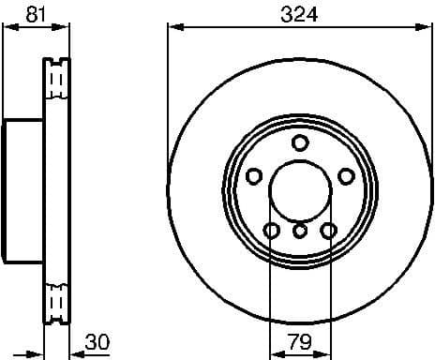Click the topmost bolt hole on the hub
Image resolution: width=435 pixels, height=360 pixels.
pos(300,142)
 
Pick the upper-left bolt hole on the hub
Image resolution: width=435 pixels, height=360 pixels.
pos(253,176)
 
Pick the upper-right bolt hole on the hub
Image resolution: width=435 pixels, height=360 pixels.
pos(346,176)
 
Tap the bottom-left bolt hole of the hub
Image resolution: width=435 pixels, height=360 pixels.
pos(272,231)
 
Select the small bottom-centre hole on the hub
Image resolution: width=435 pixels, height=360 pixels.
pos(300,231)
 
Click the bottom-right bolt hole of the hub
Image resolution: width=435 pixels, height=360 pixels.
pos(328,231)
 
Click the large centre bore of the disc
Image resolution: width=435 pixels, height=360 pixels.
pos(300,192)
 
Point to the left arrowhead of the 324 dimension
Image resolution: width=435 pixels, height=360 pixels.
pos(172,27)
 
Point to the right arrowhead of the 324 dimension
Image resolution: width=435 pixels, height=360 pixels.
pos(428,27)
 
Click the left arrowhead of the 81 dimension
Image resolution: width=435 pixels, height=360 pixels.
pos(7,27)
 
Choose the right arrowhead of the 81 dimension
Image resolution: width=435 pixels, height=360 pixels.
pos(67,27)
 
